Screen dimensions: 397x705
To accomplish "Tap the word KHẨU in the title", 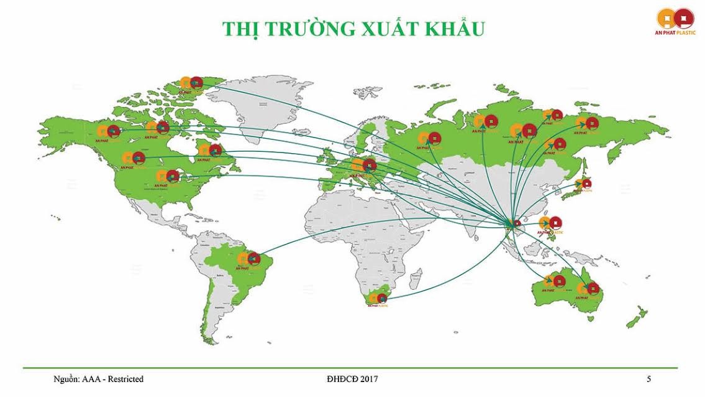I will pyautogui.click(x=453, y=28).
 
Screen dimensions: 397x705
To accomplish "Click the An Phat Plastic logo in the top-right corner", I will pyautogui.click(x=676, y=19).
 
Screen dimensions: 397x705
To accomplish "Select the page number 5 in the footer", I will pyautogui.click(x=648, y=379).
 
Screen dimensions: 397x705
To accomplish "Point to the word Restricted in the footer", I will pyautogui.click(x=124, y=379).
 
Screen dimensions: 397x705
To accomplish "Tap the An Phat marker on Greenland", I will pyautogui.click(x=191, y=83).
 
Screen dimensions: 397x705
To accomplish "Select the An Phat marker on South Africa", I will pyautogui.click(x=377, y=297).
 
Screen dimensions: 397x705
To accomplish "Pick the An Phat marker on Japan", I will pyautogui.click(x=583, y=184).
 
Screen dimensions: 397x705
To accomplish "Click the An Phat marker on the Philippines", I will pyautogui.click(x=550, y=223).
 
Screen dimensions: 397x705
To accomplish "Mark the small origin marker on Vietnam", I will pyautogui.click(x=516, y=223).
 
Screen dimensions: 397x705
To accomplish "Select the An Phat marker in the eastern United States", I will pyautogui.click(x=168, y=177).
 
